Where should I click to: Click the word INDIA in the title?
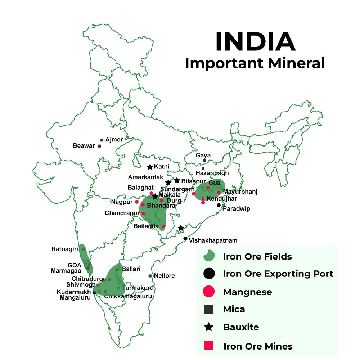pos(255,42)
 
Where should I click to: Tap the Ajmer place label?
pos(114,139)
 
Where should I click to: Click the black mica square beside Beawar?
pos(99,146)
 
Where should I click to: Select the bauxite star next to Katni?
pos(150,167)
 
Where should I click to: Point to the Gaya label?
pos(203,155)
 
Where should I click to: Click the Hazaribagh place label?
pos(212,173)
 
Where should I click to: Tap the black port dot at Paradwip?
pos(219,205)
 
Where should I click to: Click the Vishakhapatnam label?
pos(213,240)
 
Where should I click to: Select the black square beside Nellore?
pos(150,276)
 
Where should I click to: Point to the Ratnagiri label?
pos(65,249)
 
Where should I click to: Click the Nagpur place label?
pos(122,202)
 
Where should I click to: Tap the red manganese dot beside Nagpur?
pos(137,202)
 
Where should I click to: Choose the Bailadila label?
pos(146,226)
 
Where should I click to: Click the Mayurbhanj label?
pos(240,192)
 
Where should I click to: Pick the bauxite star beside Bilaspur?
pos(177,180)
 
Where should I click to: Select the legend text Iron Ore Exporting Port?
pos(278,274)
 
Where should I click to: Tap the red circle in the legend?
pos(209,291)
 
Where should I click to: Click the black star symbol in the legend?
pos(209,327)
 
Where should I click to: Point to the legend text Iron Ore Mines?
pos(258,346)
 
